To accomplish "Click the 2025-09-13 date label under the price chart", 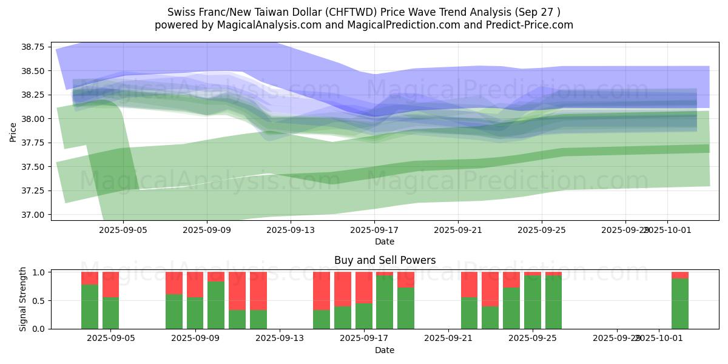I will (x=291, y=231).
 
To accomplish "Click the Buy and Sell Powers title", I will (x=385, y=260).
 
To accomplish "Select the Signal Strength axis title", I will (x=22, y=299).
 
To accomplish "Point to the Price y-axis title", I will (x=13, y=131).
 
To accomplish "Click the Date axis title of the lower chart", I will (x=385, y=350).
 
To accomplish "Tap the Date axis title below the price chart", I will (x=385, y=241).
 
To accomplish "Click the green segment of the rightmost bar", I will (x=680, y=303).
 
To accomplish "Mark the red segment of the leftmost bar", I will (x=90, y=278).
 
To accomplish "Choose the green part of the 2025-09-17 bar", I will (x=364, y=315).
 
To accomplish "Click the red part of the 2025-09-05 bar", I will (x=111, y=285).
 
